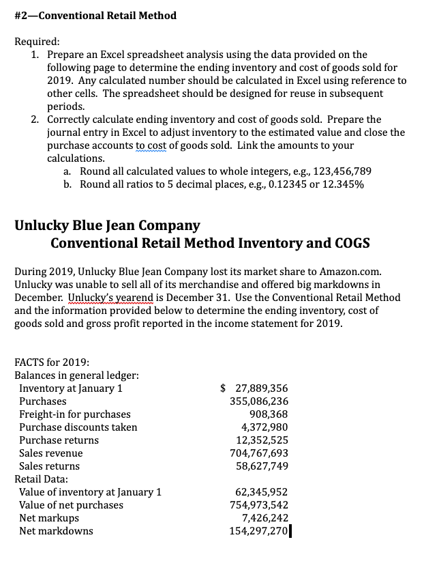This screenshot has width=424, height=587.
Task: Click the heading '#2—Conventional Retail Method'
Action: [x=95, y=15]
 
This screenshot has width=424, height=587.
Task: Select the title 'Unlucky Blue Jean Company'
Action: [x=107, y=225]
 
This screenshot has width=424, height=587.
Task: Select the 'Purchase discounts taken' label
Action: [x=78, y=427]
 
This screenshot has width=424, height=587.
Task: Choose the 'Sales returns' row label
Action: [x=49, y=466]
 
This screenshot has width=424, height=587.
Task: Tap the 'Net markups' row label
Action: [x=48, y=518]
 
